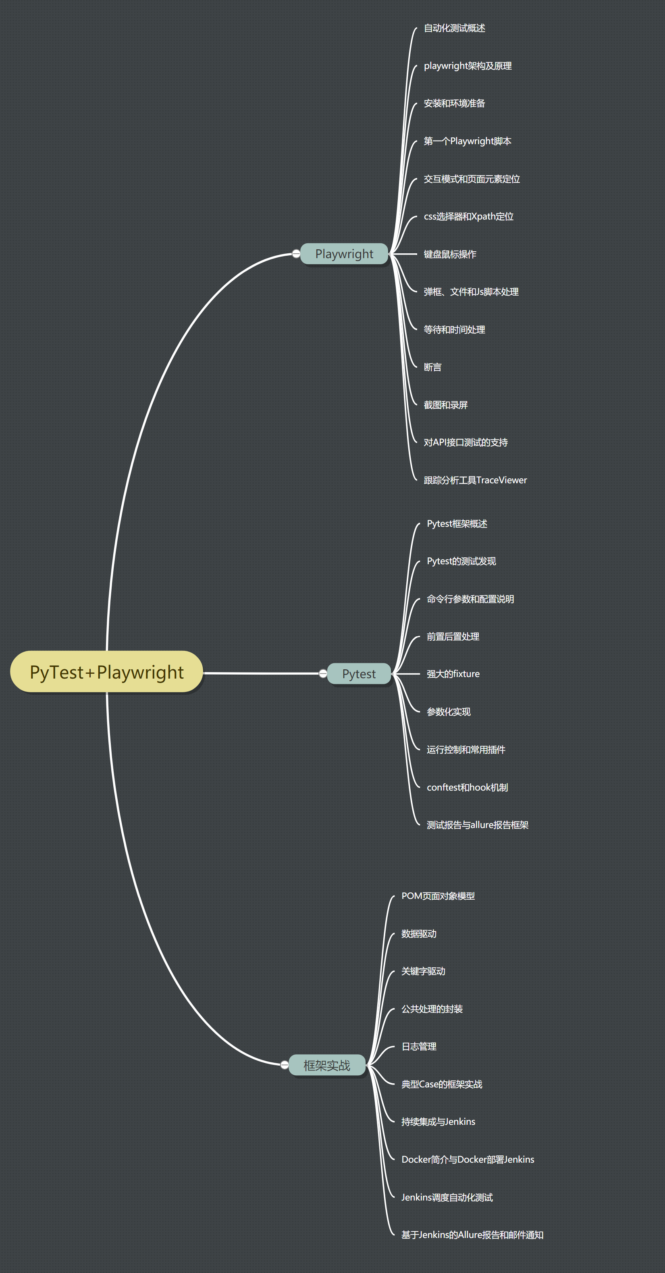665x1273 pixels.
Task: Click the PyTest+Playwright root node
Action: [x=106, y=672]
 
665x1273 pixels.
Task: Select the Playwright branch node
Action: [x=344, y=254]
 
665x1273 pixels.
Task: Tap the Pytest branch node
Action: [x=359, y=674]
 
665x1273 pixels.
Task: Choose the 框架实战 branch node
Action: [x=327, y=1065]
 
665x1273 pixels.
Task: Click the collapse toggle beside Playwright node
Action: [x=296, y=254]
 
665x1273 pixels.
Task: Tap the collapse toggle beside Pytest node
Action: [x=323, y=674]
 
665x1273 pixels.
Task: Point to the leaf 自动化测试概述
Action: [x=454, y=28]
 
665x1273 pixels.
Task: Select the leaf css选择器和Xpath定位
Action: [x=469, y=216]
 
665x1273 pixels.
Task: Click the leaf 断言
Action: [x=432, y=367]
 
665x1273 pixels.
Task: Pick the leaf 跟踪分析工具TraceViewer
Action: [x=475, y=480]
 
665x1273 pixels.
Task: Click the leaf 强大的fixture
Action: [x=453, y=674]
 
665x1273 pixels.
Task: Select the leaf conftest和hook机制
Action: [x=467, y=787]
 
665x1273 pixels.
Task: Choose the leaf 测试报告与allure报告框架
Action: [x=478, y=825]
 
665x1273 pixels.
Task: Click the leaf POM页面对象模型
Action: [x=438, y=896]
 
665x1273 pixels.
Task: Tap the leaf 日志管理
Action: [x=419, y=1046]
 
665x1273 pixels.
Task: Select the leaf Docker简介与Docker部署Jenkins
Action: [x=468, y=1159]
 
